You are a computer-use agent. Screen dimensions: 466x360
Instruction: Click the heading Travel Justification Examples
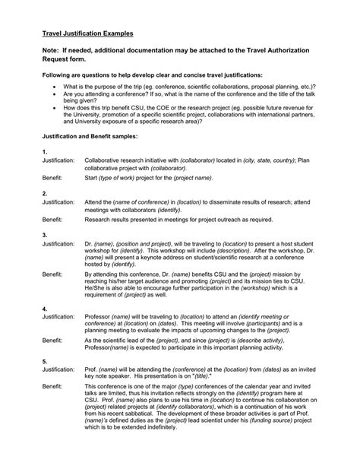tap(87, 34)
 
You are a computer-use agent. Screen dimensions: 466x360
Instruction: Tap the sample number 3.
tap(45, 235)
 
